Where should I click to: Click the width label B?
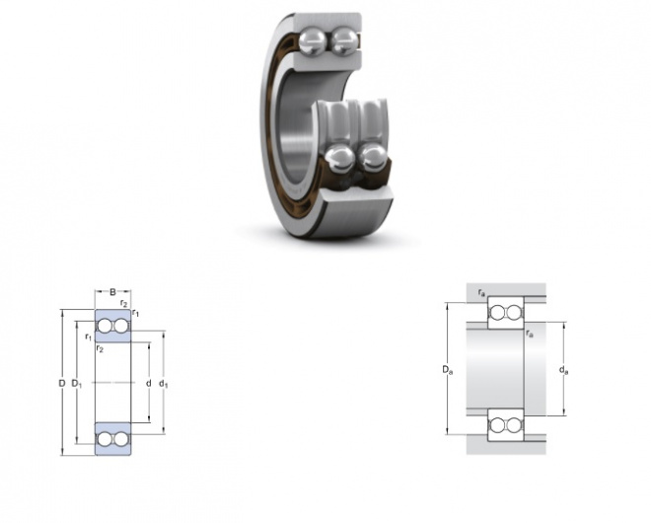click(x=112, y=292)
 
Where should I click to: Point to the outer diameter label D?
click(x=62, y=383)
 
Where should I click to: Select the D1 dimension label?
click(x=77, y=384)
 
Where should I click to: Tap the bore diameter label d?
click(x=148, y=383)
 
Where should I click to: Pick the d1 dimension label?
click(x=164, y=384)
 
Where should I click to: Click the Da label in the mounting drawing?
click(x=447, y=369)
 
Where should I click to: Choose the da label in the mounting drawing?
click(x=563, y=369)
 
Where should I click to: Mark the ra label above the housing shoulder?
click(x=481, y=293)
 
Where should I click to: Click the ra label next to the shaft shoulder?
click(x=530, y=334)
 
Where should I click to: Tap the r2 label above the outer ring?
click(x=123, y=303)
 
